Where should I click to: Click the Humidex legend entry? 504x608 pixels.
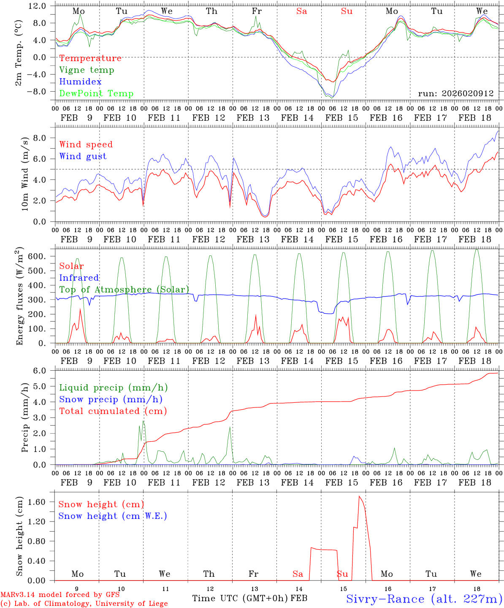tap(80, 82)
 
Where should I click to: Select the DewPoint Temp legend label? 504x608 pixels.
tap(96, 94)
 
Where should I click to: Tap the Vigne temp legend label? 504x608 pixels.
tap(87, 70)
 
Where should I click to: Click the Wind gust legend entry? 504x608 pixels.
tap(83, 156)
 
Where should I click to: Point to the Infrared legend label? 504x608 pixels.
tap(79, 278)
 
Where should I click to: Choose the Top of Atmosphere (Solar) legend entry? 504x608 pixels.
tap(124, 290)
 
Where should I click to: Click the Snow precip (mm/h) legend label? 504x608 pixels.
tap(111, 399)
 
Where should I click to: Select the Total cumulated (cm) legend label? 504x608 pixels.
tap(113, 411)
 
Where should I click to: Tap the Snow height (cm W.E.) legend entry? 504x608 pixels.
tap(112, 516)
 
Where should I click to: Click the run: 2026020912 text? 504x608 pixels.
tap(455, 93)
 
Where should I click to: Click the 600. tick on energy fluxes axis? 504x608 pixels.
tap(41, 256)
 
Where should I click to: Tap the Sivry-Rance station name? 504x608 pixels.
tap(424, 599)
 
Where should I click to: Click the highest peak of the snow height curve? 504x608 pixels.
tap(359, 496)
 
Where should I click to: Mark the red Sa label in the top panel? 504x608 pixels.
tap(301, 11)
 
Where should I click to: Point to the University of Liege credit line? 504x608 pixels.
tap(84, 604)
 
